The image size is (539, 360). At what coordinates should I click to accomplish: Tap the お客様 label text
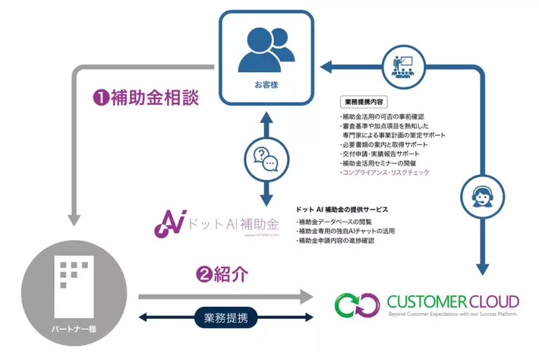coord(266,85)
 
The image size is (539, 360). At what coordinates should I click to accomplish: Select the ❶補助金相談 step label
coord(146,97)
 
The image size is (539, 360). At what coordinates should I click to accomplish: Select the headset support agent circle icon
coord(481,194)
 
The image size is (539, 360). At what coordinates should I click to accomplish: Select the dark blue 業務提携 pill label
coord(224,317)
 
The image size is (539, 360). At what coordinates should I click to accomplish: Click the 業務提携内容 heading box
coord(366,101)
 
